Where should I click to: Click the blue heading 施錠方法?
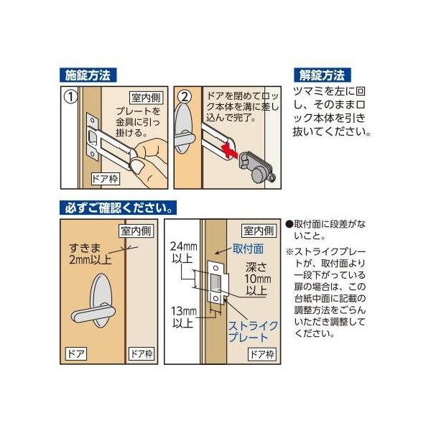click(88, 75)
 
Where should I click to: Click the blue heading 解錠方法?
click(322, 75)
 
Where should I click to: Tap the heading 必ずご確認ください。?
click(119, 208)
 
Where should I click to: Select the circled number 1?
click(70, 97)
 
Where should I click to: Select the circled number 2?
click(185, 97)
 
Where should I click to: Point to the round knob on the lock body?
click(256, 175)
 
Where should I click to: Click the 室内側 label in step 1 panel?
click(146, 98)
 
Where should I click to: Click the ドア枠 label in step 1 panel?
click(106, 179)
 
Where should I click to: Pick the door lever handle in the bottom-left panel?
click(93, 312)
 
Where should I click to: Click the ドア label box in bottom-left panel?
click(76, 353)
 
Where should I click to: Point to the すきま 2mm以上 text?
click(91, 254)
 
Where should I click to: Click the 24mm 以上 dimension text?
click(184, 252)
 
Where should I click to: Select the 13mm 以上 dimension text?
click(184, 317)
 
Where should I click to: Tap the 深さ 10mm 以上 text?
click(258, 279)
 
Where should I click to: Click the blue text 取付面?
click(248, 249)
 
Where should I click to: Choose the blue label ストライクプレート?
click(252, 332)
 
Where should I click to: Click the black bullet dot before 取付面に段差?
click(289, 224)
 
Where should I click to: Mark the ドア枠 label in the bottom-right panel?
click(262, 354)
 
